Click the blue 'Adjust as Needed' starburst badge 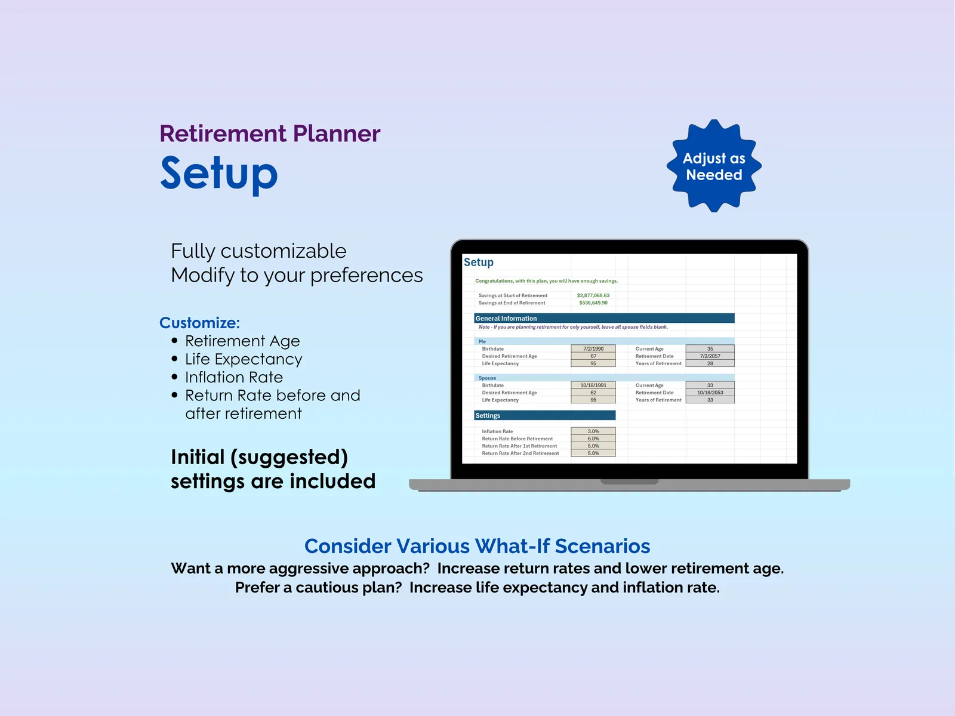713,166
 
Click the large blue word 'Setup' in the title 219,174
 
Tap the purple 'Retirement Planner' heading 270,134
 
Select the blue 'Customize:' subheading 199,323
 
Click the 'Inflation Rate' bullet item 233,377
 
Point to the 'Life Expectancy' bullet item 243,359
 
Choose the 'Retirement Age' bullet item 242,341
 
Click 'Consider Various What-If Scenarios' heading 478,546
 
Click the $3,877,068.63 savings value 593,295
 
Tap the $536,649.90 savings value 593,303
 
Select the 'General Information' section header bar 604,318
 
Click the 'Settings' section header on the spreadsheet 545,416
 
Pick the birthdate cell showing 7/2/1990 593,348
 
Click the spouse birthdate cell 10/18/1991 593,385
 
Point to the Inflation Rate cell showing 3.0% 593,431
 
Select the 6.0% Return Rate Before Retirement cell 593,439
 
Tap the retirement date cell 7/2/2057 710,356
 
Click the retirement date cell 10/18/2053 710,393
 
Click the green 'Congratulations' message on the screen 546,281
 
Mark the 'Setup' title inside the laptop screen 479,262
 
